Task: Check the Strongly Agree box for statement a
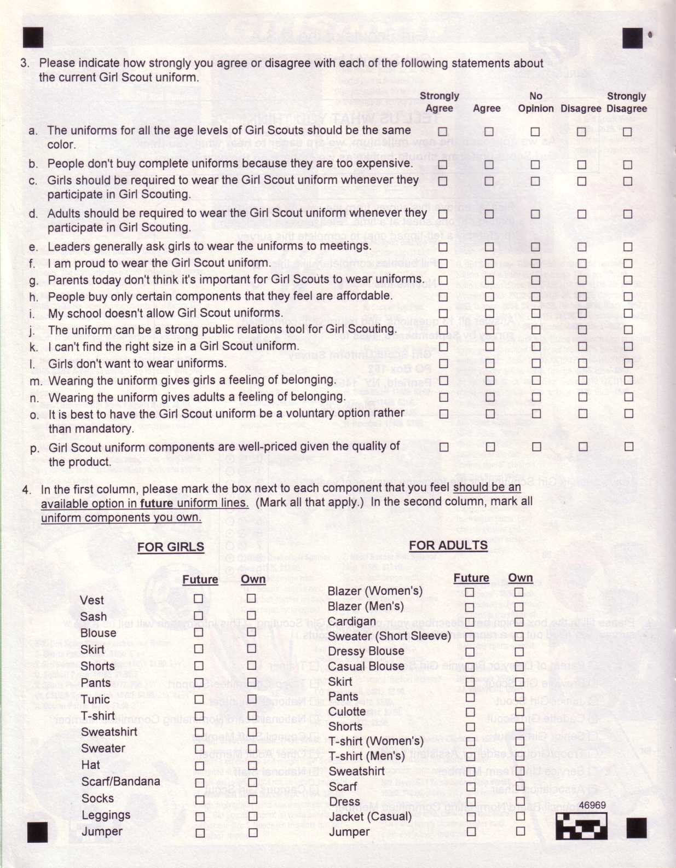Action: pos(442,131)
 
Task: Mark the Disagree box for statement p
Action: pos(583,447)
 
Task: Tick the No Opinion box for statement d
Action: pos(535,214)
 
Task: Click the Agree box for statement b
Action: pos(489,164)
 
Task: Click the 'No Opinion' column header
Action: pos(536,102)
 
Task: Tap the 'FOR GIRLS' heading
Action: pos(170,547)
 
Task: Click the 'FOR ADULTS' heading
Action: pos(448,545)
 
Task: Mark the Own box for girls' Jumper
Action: pos(253,833)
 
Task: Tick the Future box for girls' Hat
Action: pos(200,766)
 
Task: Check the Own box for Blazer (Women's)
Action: pos(518,592)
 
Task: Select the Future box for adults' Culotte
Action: pos(470,712)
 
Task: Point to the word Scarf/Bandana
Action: pos(120,782)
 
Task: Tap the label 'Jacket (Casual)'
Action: pos(370,817)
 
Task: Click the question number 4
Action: pos(26,489)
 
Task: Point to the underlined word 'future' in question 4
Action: pos(157,503)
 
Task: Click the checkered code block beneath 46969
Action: pos(581,825)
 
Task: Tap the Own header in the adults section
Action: pos(520,578)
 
